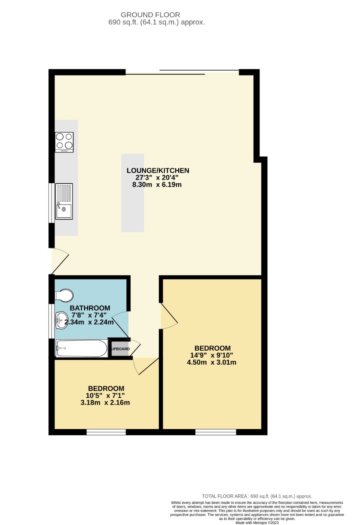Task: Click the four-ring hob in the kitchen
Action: point(64,142)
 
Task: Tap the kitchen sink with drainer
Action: point(64,201)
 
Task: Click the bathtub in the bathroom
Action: point(82,349)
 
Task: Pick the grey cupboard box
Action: point(120,349)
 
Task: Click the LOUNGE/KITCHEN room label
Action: point(158,171)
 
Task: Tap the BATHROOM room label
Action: point(90,308)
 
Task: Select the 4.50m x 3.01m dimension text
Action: point(212,362)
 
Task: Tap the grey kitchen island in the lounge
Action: point(132,193)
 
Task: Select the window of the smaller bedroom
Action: point(106,432)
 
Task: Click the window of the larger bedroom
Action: point(216,432)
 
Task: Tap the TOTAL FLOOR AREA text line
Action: point(257,496)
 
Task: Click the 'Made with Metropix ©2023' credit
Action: point(257,523)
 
